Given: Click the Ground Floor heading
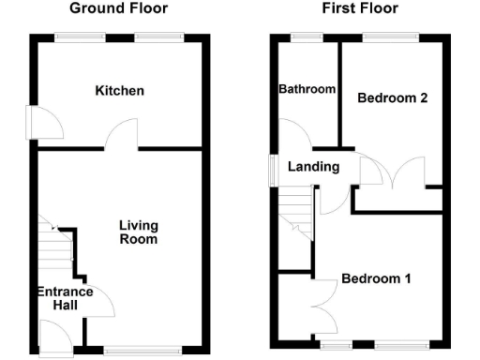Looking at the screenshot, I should pos(119,8).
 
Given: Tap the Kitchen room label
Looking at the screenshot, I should pos(120,91).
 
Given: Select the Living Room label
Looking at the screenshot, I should pos(138,232).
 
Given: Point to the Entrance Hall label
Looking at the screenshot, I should pos(64,298).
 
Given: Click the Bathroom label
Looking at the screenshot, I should pos(307,89).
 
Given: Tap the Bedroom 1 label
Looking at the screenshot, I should pos(375,278).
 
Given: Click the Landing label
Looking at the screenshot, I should pos(307,167).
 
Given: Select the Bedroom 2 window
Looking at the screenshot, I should pos(391,37).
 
